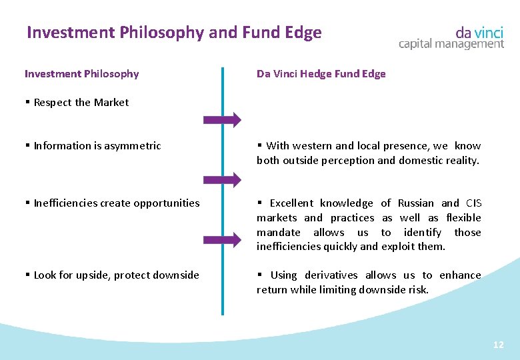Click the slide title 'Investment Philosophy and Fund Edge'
click(174, 33)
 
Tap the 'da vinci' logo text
click(479, 31)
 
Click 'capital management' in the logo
click(451, 44)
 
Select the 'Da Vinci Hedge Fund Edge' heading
click(321, 74)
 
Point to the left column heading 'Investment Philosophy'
click(81, 74)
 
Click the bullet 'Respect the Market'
click(81, 103)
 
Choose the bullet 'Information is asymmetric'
click(97, 146)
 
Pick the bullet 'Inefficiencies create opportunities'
click(116, 203)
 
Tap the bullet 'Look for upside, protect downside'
click(116, 275)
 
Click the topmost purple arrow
click(223, 120)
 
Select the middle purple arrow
click(223, 179)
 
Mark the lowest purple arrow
click(223, 239)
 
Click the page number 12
click(498, 345)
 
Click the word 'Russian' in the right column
click(415, 203)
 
